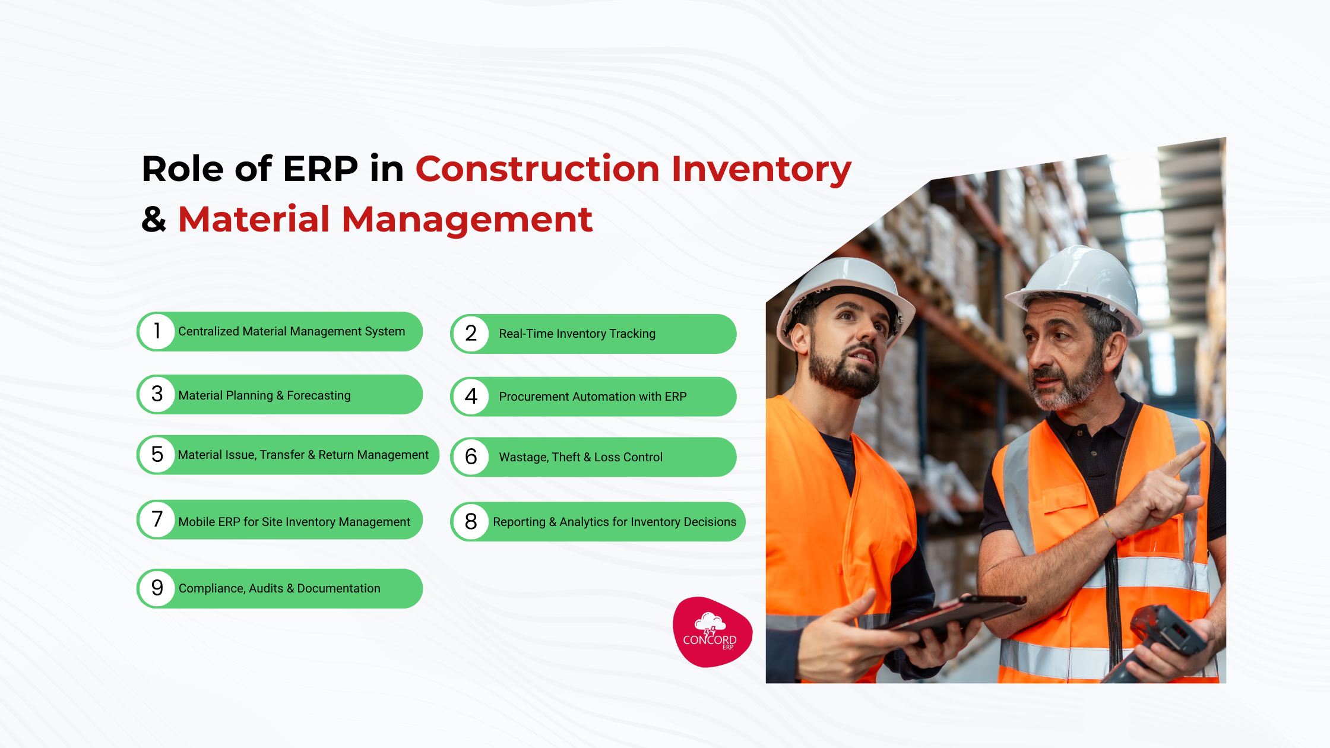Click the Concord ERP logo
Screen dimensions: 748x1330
pyautogui.click(x=712, y=632)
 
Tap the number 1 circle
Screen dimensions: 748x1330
pyautogui.click(x=157, y=331)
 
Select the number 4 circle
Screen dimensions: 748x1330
pyautogui.click(x=471, y=397)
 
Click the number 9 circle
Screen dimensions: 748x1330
pyautogui.click(x=157, y=588)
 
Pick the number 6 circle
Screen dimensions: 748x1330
pyautogui.click(x=471, y=457)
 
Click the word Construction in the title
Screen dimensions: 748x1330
pyautogui.click(x=537, y=169)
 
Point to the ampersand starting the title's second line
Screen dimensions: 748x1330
pyautogui.click(x=154, y=220)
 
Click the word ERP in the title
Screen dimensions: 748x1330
pyautogui.click(x=321, y=169)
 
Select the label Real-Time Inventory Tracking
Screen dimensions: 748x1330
pyautogui.click(x=577, y=334)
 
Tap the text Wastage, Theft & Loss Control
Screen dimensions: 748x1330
pyautogui.click(x=581, y=457)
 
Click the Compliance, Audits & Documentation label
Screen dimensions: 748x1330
pyautogui.click(x=280, y=588)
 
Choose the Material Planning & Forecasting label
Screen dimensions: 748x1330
pyautogui.click(x=264, y=395)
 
